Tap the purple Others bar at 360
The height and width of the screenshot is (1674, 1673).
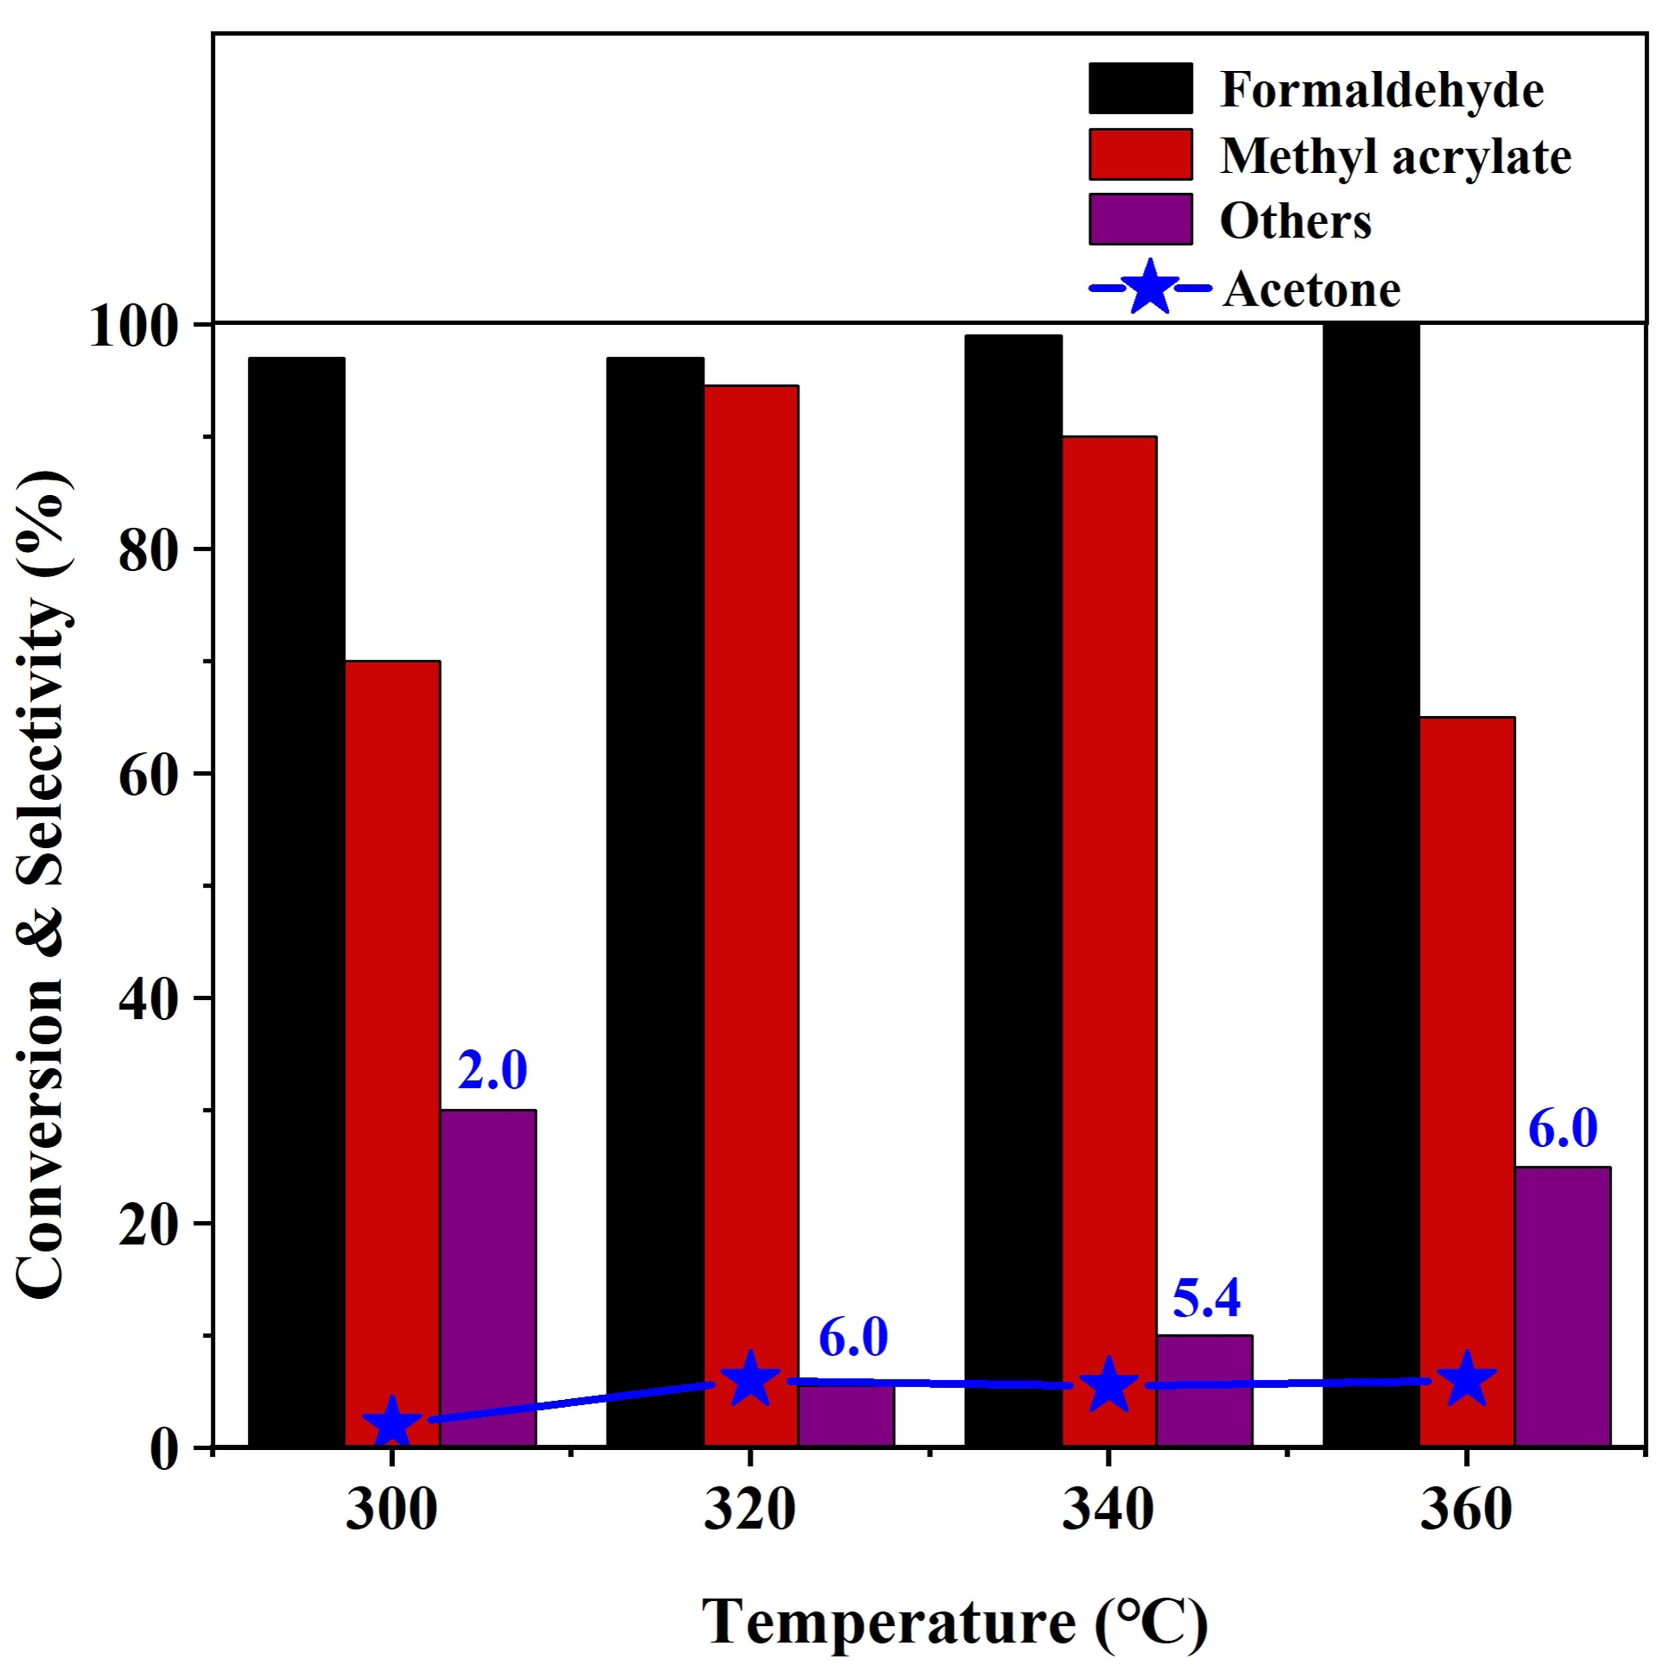pos(1562,1308)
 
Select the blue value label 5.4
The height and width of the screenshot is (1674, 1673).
pos(1206,1297)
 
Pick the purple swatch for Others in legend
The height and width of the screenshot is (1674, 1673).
pos(1140,219)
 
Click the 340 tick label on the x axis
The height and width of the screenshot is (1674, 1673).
pos(1108,1511)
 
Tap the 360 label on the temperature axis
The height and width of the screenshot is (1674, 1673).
pos(1466,1511)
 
